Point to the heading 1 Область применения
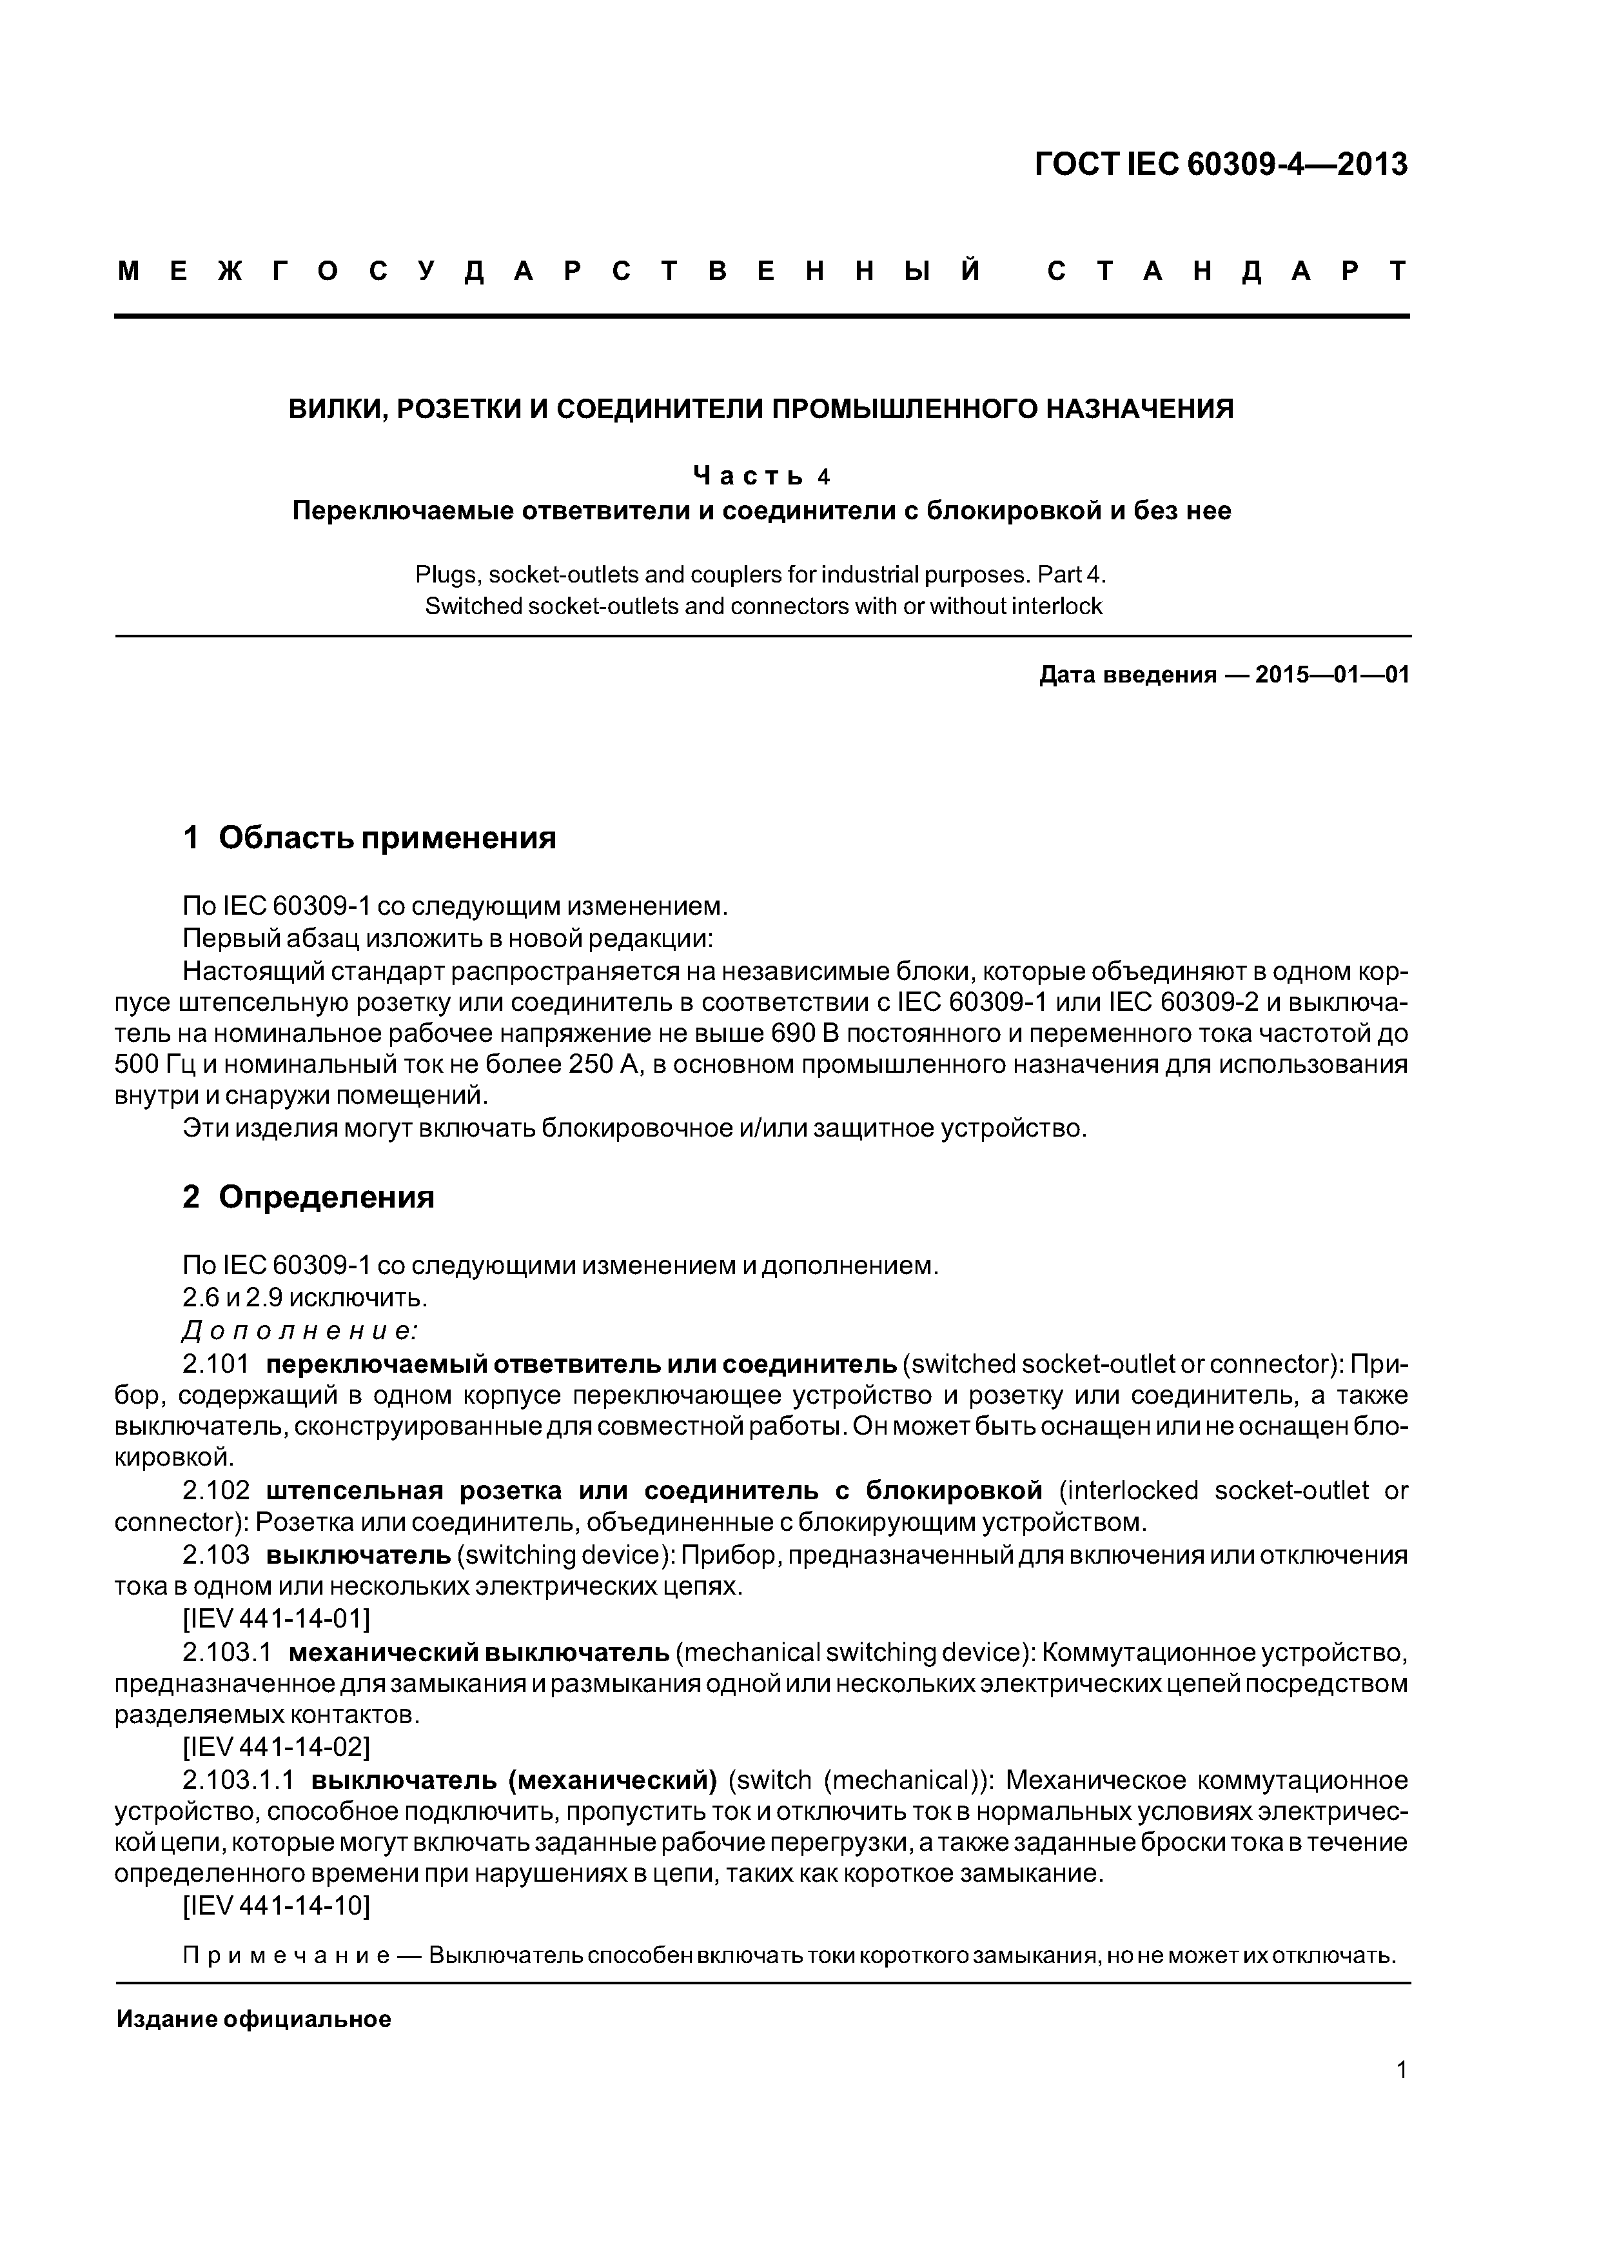(369, 838)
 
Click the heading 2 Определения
(308, 1197)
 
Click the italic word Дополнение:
(300, 1331)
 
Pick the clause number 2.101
(216, 1364)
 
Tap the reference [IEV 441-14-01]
(277, 1619)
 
